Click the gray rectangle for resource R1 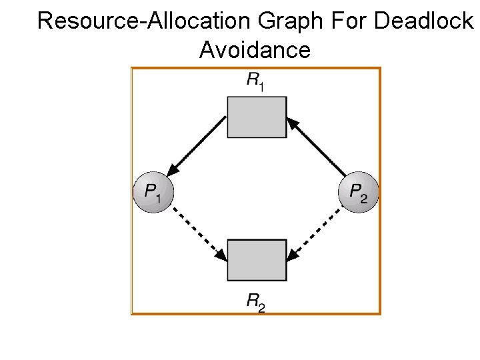coord(257,117)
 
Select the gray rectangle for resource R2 coord(257,261)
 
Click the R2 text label coord(255,302)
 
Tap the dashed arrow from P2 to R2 coord(317,235)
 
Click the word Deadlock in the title coord(423,21)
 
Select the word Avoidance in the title coord(254,50)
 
